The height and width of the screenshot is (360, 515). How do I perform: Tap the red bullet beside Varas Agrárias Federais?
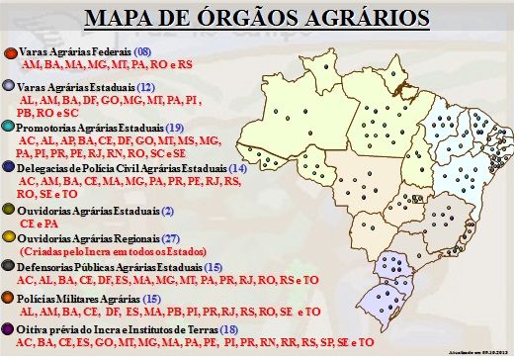tap(11, 51)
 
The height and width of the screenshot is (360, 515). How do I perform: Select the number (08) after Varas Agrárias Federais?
tap(142, 50)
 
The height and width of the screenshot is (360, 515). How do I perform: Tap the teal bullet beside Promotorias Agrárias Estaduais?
tap(11, 128)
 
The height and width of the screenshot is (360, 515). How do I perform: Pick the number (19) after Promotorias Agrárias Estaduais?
tap(175, 128)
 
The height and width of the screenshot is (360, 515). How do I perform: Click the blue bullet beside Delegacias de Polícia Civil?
tap(11, 169)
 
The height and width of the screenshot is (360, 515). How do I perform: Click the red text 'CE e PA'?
tap(39, 225)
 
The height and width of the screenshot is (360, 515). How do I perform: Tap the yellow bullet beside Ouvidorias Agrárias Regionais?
tap(11, 238)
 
